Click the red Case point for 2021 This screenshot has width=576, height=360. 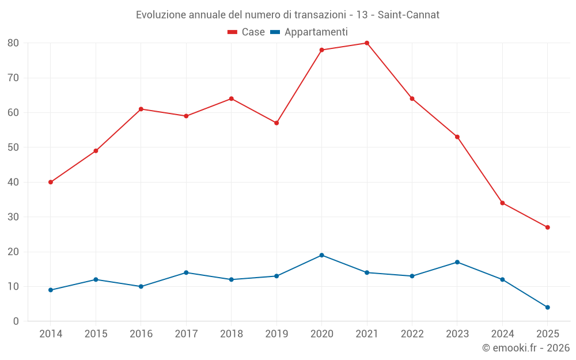coord(367,43)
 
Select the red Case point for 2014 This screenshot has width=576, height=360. coord(51,182)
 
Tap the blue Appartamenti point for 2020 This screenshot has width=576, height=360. coord(321,255)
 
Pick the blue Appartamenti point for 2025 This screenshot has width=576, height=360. coord(547,307)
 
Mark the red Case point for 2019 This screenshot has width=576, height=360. coord(276,123)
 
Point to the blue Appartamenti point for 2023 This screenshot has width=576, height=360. coord(457,262)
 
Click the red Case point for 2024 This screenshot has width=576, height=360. coord(502,203)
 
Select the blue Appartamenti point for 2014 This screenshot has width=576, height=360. coord(51,290)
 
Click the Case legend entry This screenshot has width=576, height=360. coord(246,32)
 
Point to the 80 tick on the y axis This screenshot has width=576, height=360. coord(13,43)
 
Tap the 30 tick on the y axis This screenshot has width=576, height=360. coord(13,217)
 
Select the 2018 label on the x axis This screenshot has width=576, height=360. coord(231,334)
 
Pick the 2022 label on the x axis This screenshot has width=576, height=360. coord(412,334)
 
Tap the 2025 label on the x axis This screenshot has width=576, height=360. coord(547,334)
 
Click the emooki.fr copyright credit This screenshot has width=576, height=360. coord(526,348)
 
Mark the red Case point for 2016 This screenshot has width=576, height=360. coord(141,109)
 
